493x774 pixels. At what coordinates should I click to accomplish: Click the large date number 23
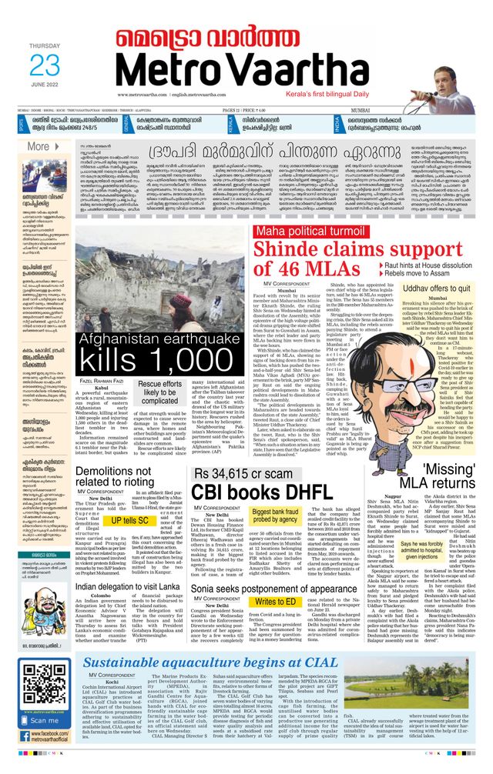pos(44,65)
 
